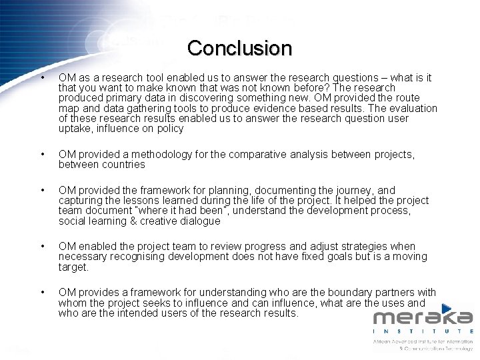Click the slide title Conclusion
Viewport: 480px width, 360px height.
(x=239, y=48)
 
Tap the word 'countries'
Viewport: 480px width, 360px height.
(x=122, y=165)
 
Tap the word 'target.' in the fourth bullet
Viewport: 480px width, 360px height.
(x=73, y=267)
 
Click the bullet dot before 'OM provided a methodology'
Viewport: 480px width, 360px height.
(x=42, y=155)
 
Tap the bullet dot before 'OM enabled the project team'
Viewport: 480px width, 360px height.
(x=42, y=247)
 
